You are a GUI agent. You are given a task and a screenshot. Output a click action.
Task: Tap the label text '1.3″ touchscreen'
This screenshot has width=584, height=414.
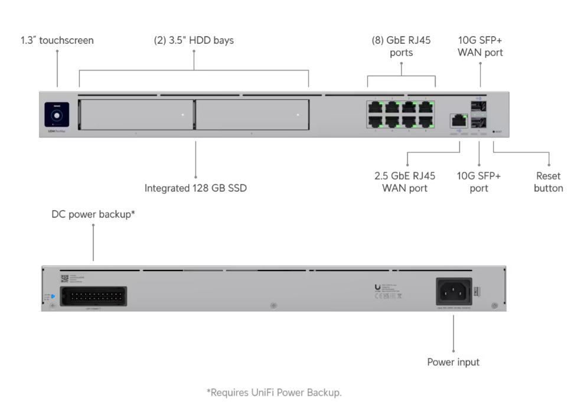tap(57, 41)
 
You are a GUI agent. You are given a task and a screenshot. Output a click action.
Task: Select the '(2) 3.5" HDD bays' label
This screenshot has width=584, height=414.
tap(194, 41)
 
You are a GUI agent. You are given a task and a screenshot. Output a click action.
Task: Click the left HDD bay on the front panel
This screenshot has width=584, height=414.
tap(135, 114)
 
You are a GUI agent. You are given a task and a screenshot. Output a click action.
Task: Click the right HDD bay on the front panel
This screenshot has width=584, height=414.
tap(252, 114)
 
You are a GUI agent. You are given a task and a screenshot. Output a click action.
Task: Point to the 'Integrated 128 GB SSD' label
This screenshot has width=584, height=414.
tap(195, 188)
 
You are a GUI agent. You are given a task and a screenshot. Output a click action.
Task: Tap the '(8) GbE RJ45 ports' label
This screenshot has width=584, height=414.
tap(401, 47)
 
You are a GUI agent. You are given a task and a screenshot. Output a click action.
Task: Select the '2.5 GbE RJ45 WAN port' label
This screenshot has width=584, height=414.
tap(405, 182)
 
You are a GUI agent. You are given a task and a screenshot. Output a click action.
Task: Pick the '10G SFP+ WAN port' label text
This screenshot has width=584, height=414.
tap(480, 47)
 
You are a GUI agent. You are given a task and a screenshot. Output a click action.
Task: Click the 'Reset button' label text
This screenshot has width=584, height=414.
tap(548, 182)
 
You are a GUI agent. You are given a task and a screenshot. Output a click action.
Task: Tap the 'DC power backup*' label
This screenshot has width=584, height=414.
tap(93, 215)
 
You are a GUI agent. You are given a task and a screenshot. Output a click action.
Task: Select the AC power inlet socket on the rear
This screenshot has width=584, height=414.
tap(454, 291)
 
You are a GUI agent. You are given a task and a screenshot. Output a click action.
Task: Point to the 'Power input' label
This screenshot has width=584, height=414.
tap(453, 362)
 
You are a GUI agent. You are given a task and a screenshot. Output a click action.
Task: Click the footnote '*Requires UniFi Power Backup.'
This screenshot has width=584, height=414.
tap(274, 392)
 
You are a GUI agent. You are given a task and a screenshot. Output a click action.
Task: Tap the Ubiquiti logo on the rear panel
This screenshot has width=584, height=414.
tap(378, 288)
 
